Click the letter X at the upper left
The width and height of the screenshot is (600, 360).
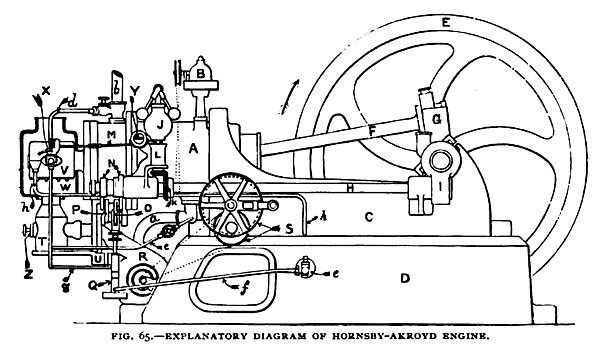(x=44, y=89)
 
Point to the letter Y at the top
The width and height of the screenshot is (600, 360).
(x=134, y=89)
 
